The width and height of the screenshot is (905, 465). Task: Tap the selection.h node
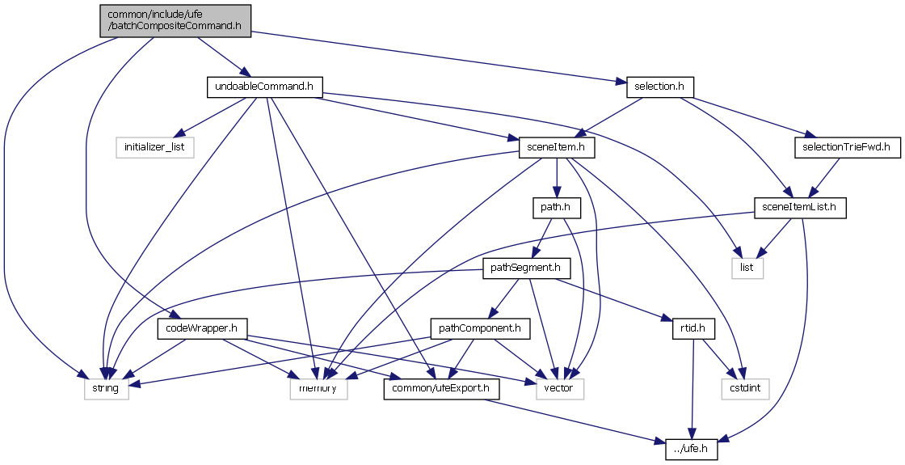pyautogui.click(x=659, y=86)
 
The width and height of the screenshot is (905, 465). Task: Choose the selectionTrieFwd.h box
pyautogui.click(x=846, y=147)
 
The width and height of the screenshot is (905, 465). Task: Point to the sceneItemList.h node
pyautogui.click(x=799, y=207)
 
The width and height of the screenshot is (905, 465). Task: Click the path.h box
pyautogui.click(x=556, y=207)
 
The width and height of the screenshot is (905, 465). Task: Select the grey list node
pyautogui.click(x=747, y=268)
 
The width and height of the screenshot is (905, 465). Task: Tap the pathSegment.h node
pyautogui.click(x=522, y=268)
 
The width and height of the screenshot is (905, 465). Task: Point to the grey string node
pyautogui.click(x=105, y=388)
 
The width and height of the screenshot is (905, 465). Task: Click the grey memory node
pyautogui.click(x=318, y=388)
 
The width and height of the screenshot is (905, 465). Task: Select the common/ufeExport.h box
pyautogui.click(x=440, y=388)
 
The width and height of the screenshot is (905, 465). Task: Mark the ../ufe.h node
pyautogui.click(x=693, y=448)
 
